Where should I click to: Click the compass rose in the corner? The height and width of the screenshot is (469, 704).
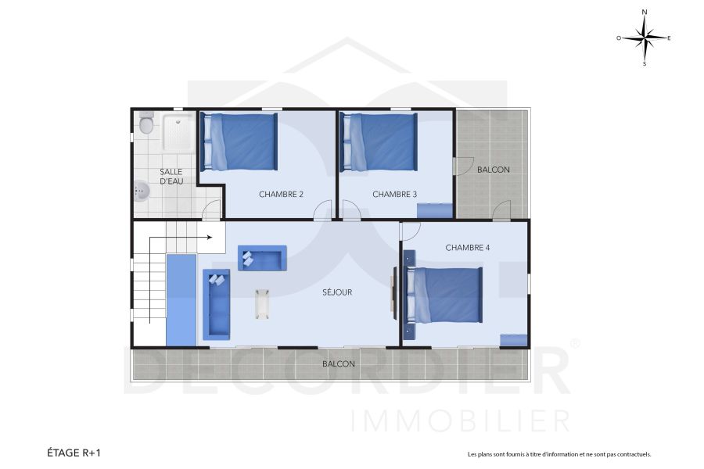point(645,37)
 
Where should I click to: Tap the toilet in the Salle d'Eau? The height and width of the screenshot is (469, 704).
point(145,124)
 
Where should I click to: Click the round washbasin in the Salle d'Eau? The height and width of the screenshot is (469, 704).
point(141,192)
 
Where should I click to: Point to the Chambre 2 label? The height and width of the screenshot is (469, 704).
point(281,195)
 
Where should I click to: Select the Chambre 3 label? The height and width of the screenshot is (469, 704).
point(394,195)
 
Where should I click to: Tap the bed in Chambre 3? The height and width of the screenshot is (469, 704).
point(379,141)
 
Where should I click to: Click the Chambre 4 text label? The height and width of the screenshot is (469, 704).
point(468,248)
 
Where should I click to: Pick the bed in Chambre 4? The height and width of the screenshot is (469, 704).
point(444,295)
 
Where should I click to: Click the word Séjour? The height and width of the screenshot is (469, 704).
point(337,292)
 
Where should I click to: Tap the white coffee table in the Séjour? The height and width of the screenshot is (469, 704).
point(262,303)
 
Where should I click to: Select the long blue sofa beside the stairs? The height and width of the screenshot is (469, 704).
point(217,305)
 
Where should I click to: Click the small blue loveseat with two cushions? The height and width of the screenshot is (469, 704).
point(262,257)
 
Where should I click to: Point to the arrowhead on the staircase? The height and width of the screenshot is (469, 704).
point(210,237)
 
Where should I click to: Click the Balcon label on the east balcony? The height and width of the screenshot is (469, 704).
point(493,170)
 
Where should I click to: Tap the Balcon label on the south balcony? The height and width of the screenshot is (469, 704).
point(339,364)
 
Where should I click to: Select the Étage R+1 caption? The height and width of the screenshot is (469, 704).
point(74,452)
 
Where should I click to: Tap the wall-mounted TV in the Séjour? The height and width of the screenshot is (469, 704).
point(395,292)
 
